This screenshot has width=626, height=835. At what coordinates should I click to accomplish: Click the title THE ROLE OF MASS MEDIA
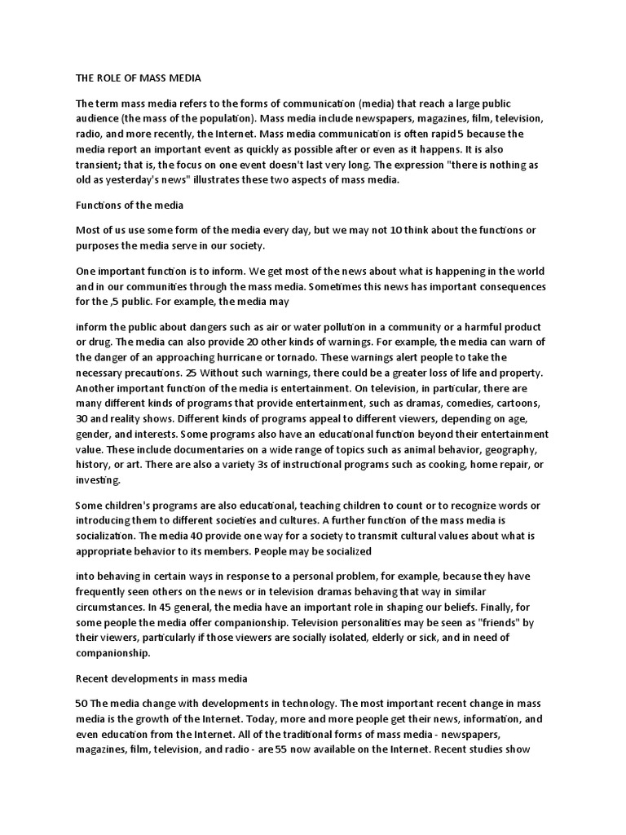138,78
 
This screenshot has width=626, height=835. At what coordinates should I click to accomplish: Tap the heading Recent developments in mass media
161,678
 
